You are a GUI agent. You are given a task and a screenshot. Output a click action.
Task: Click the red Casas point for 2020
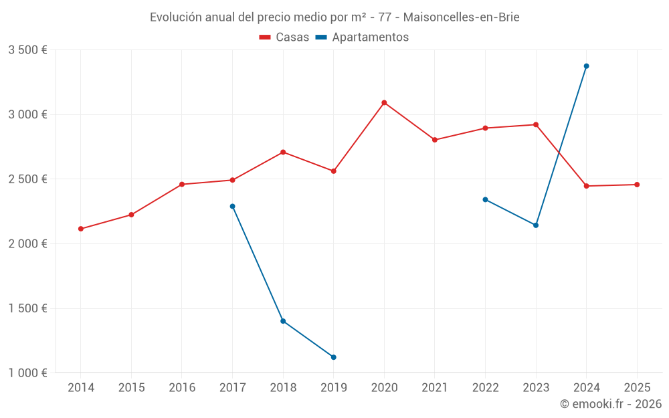coord(384,103)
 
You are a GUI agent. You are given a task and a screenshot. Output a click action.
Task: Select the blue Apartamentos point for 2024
coord(586,66)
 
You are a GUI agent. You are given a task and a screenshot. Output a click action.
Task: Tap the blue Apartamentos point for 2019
coord(333,357)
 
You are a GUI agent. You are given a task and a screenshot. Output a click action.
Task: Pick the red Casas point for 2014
coord(81,229)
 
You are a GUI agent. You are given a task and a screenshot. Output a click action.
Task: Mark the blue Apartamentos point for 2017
coord(232,207)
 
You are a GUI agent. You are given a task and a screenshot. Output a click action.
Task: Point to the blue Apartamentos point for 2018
coord(283,321)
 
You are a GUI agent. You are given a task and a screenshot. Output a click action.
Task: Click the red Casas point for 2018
coord(283,152)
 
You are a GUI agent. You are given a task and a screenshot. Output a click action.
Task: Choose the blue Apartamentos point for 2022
coord(485,199)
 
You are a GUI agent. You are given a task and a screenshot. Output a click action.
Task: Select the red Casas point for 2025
coord(637,185)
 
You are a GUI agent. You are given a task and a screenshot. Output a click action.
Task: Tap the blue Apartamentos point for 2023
coord(536,225)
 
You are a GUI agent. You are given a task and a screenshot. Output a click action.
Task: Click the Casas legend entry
coord(284,37)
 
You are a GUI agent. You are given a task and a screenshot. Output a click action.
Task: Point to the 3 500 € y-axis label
coord(27,50)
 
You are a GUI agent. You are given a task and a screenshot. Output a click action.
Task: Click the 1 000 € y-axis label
coord(27,373)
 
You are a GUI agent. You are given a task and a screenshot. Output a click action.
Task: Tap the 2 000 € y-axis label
coord(27,244)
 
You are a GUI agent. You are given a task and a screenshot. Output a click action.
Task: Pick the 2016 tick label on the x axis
coord(182,388)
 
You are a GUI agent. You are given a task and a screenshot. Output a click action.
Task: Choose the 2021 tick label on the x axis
coord(434,388)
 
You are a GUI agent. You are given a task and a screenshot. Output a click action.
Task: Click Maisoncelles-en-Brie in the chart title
coord(461,17)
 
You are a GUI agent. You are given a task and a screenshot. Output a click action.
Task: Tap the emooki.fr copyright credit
coord(610,404)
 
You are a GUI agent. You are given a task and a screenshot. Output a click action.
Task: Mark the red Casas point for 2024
coord(586,186)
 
